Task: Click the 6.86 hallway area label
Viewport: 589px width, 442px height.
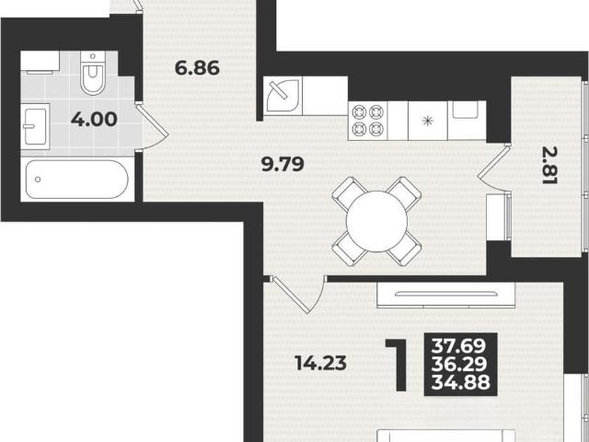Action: point(197,68)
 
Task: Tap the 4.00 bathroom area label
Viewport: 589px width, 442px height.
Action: point(94,119)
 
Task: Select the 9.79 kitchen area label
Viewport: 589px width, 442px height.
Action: point(283,164)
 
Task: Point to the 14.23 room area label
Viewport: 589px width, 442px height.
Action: point(320,363)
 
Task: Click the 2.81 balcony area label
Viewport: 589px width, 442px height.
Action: point(549,165)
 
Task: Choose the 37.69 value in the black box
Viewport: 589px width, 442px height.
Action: point(458,346)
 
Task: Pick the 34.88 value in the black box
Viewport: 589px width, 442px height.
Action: point(461,382)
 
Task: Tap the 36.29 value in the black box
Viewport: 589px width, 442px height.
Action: point(459,365)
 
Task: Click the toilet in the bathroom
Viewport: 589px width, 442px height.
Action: point(93,73)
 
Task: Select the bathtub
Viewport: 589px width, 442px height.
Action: point(77,180)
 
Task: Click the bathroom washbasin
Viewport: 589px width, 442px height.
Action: point(35,126)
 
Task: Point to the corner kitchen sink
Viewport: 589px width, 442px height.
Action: point(283,96)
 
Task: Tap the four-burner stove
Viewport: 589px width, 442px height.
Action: point(368,121)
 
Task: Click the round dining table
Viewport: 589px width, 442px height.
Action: point(376,221)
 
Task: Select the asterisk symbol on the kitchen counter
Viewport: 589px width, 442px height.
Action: point(427,121)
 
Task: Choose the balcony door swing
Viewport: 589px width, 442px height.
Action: point(494,168)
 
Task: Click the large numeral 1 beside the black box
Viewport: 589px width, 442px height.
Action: point(398,365)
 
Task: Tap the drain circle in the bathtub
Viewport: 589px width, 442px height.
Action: point(38,180)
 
